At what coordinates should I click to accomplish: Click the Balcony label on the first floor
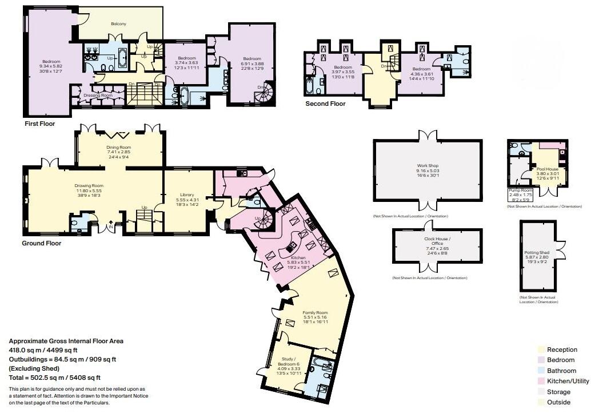118,24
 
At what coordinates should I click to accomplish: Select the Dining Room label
118,147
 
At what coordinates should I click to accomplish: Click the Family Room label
315,313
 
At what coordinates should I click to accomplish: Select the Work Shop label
428,166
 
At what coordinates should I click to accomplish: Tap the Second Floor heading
326,104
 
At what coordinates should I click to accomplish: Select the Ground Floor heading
41,243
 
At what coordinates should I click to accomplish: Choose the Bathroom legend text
561,371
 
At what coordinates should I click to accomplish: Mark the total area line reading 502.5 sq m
55,378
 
